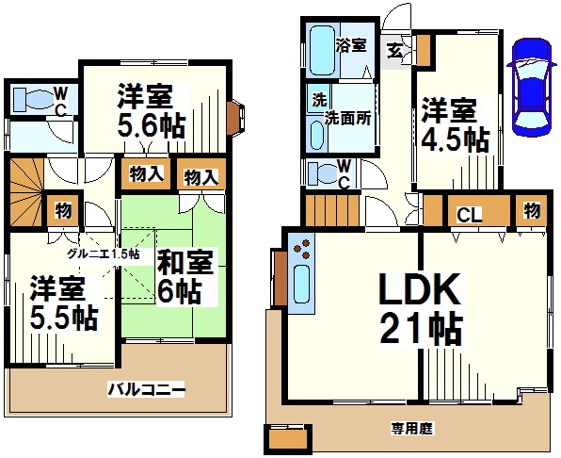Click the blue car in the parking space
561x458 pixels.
tap(528, 86)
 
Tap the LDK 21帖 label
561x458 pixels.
tap(420, 308)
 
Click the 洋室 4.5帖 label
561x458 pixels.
tap(454, 124)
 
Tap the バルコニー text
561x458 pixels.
tap(145, 388)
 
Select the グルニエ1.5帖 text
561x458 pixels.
tap(103, 254)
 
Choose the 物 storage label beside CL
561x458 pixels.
tap(532, 210)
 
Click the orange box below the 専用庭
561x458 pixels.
tap(288, 439)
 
